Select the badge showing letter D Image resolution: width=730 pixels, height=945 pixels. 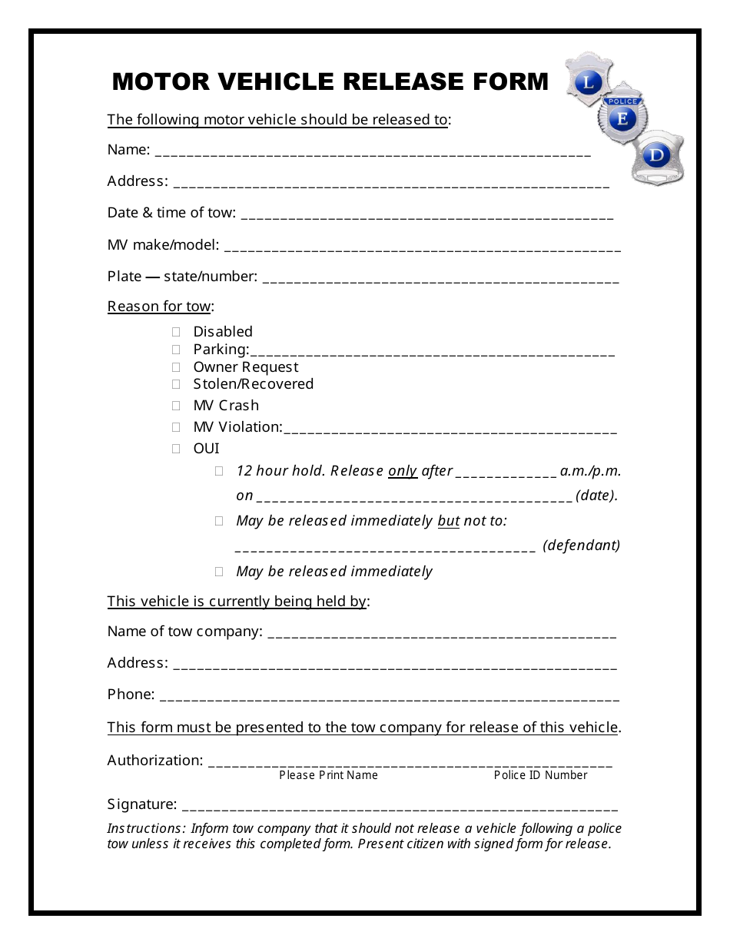(657, 156)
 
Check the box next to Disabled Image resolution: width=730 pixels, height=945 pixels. (176, 332)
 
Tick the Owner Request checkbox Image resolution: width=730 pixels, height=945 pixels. (176, 367)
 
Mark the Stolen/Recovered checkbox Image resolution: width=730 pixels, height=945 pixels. (176, 384)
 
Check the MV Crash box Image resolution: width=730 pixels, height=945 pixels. (176, 406)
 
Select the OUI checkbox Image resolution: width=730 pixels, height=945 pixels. (176, 449)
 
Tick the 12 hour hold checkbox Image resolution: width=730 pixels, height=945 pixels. (219, 471)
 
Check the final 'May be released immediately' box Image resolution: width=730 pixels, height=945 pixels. (219, 572)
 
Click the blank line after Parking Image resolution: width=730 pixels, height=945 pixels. (432, 353)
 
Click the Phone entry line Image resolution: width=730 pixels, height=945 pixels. (389, 698)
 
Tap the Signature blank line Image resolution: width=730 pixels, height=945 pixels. (400, 807)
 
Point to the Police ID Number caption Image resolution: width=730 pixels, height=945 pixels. (540, 775)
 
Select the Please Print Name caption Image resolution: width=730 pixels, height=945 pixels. (328, 775)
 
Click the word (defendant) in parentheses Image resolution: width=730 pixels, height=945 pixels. (581, 545)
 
